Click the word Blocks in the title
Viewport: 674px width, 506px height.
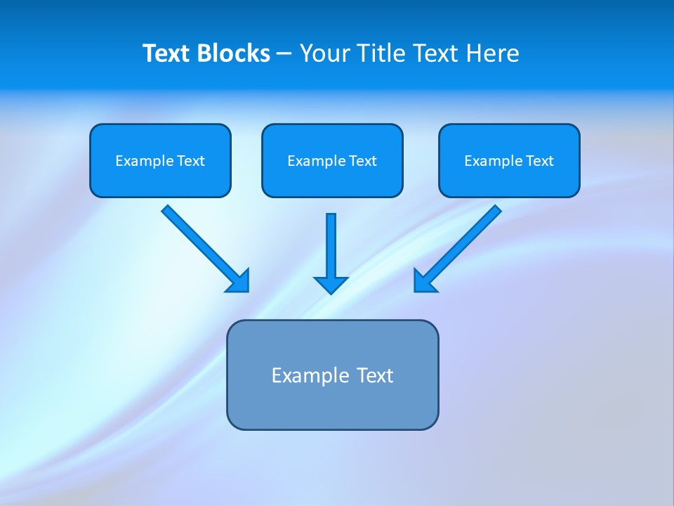point(232,53)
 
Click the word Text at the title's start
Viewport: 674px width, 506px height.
point(166,53)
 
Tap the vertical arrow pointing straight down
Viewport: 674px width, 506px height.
point(331,246)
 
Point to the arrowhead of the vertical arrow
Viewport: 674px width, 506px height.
point(331,285)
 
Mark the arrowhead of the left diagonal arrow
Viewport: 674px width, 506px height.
point(239,281)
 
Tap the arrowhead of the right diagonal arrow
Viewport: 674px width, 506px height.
point(424,281)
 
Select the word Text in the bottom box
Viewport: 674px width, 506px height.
point(375,375)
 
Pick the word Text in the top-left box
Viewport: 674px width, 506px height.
point(190,161)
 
